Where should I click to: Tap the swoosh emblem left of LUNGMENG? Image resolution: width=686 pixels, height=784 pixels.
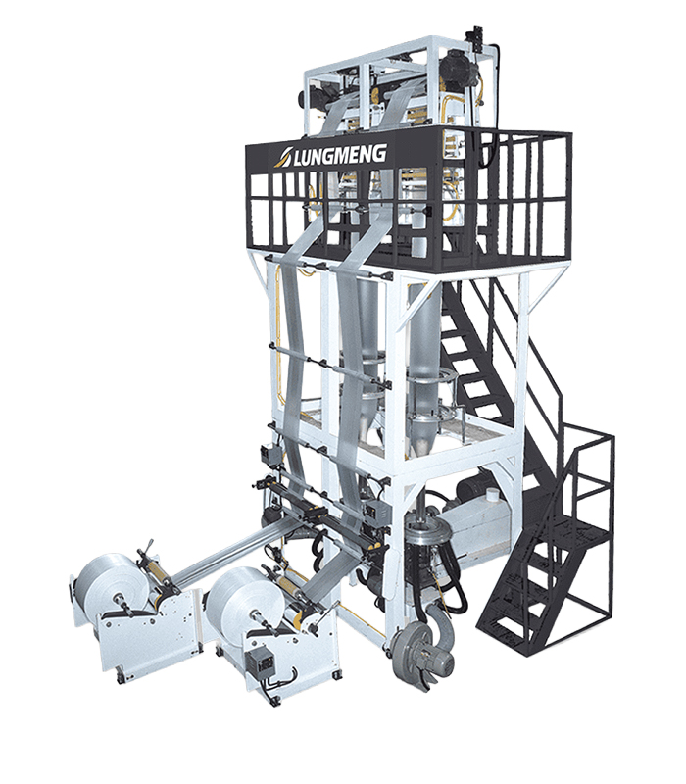(285, 157)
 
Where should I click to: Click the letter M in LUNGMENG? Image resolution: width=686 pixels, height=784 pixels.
(342, 155)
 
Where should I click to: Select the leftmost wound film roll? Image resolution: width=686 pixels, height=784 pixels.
(105, 579)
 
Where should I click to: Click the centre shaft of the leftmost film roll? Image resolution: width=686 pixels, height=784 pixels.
(120, 597)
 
